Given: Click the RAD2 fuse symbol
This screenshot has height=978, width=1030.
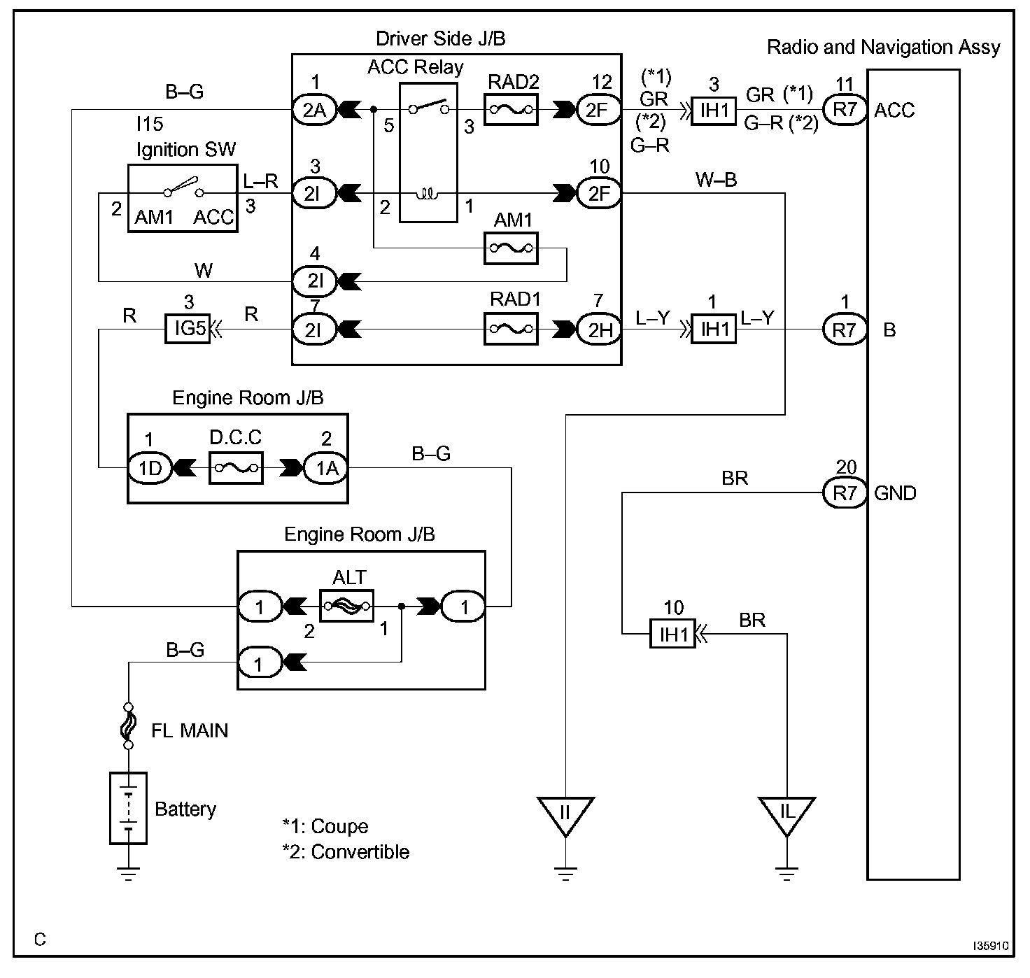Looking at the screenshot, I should click(x=511, y=110).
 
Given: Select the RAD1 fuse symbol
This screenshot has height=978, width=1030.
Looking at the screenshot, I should click(x=511, y=328).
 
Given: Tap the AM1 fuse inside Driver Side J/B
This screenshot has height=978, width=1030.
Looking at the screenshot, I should click(x=511, y=248).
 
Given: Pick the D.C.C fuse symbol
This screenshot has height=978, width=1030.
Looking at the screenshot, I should click(x=236, y=468).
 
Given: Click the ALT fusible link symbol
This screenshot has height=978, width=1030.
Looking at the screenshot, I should click(x=346, y=605).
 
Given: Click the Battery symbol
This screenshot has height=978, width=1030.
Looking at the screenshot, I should click(x=128, y=808).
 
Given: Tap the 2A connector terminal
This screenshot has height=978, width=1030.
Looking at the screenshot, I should click(x=314, y=110).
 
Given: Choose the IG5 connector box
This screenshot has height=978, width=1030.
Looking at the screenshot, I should click(x=188, y=329).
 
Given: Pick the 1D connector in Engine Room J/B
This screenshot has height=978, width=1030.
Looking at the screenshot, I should click(x=150, y=468).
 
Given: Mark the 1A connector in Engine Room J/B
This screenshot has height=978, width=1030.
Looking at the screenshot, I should click(x=326, y=468).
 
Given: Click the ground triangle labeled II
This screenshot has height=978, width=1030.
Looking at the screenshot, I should click(x=565, y=814).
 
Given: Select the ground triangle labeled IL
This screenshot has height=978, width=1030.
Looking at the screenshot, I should click(x=786, y=814).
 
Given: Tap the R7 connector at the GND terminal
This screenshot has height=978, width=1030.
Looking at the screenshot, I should click(x=845, y=493).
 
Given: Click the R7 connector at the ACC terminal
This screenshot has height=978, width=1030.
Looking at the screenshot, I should click(x=845, y=110).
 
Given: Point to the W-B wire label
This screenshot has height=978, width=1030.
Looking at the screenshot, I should click(x=716, y=180).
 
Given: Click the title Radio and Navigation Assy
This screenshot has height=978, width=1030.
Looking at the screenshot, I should click(x=883, y=48).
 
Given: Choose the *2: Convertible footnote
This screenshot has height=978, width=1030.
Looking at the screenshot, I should click(x=346, y=852).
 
